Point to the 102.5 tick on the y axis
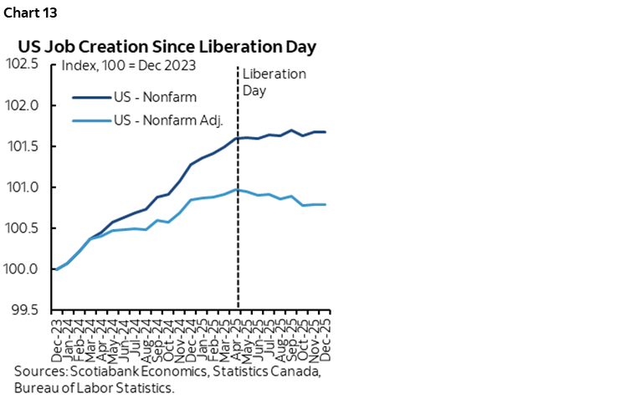pos(25,64)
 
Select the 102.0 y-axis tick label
pos(25,105)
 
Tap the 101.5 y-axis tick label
pos(25,146)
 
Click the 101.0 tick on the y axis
pos(25,187)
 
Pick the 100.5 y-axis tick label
pos(25,228)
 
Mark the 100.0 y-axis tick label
pos(25,268)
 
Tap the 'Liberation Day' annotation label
pos(273,82)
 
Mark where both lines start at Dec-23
pos(55,268)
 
